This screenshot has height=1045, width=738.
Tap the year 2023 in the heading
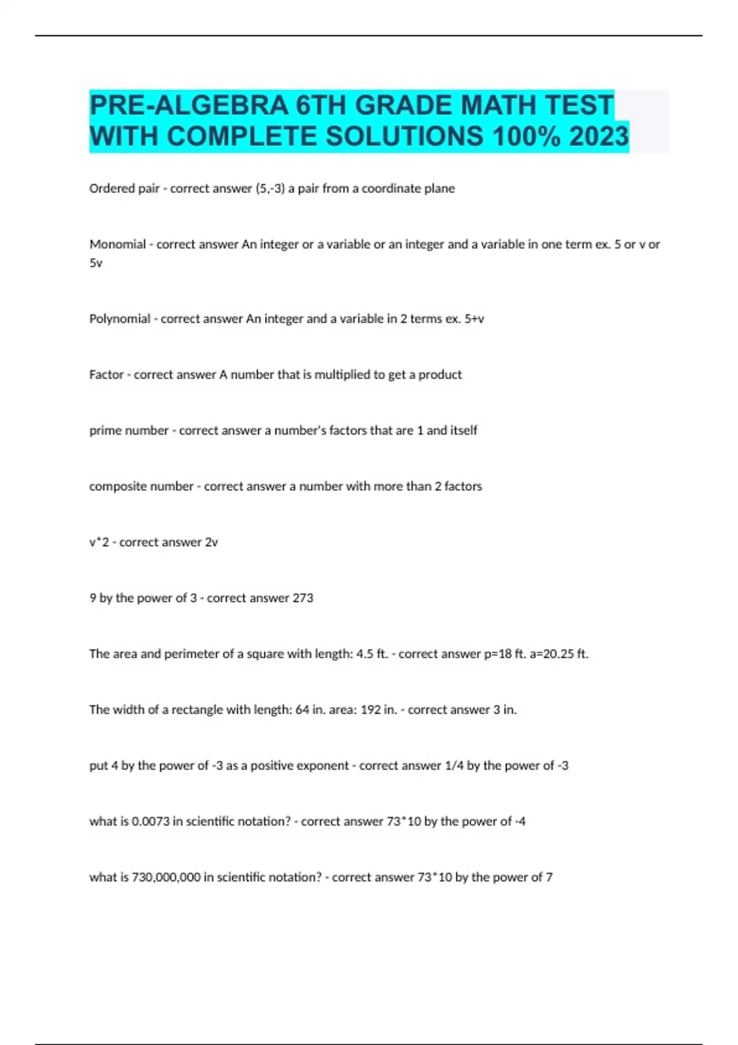[598, 136]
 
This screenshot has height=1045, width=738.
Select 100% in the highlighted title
[526, 136]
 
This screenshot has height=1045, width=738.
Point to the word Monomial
[117, 244]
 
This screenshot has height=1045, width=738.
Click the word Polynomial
[120, 318]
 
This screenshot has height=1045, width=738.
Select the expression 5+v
[474, 318]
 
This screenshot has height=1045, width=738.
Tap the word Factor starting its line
[106, 374]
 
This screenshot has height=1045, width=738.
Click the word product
[440, 374]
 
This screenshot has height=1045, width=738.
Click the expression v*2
[99, 542]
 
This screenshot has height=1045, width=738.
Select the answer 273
[303, 598]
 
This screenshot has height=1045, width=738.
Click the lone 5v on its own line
[96, 263]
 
